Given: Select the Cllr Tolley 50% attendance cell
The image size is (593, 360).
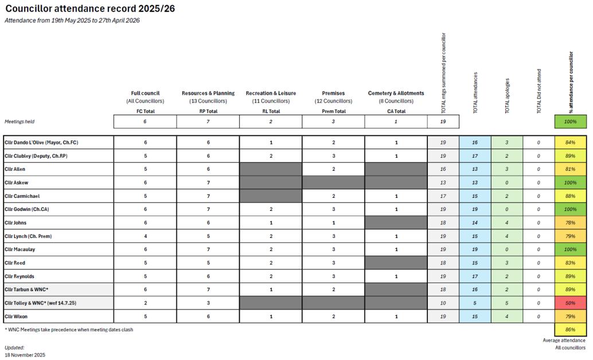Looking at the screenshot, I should click(x=571, y=302).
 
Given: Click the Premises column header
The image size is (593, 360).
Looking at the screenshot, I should click(x=333, y=93).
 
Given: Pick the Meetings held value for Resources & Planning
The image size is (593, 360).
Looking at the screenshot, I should click(x=208, y=122).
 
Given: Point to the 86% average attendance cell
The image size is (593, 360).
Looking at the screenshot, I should click(x=571, y=330).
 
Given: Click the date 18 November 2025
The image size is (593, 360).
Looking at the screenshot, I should click(x=25, y=355).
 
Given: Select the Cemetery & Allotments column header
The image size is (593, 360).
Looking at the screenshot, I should click(x=396, y=93).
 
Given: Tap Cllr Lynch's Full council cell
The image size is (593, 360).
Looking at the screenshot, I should click(x=146, y=236).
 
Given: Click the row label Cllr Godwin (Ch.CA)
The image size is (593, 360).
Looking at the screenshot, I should click(x=26, y=209).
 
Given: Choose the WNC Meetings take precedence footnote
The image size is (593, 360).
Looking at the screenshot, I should click(x=68, y=329).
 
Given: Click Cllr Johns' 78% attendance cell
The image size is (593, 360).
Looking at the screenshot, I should click(x=571, y=222).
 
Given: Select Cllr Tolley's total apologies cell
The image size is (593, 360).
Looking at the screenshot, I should click(x=507, y=302).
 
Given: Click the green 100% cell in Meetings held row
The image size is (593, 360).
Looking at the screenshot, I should click(x=571, y=122).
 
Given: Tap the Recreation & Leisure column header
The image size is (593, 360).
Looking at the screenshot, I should click(x=271, y=93).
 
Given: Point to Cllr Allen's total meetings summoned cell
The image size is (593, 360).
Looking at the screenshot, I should click(x=443, y=169).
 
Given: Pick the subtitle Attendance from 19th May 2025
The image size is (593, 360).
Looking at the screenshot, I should click(x=72, y=21).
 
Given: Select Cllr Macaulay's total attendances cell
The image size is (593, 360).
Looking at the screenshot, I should click(x=475, y=249).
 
